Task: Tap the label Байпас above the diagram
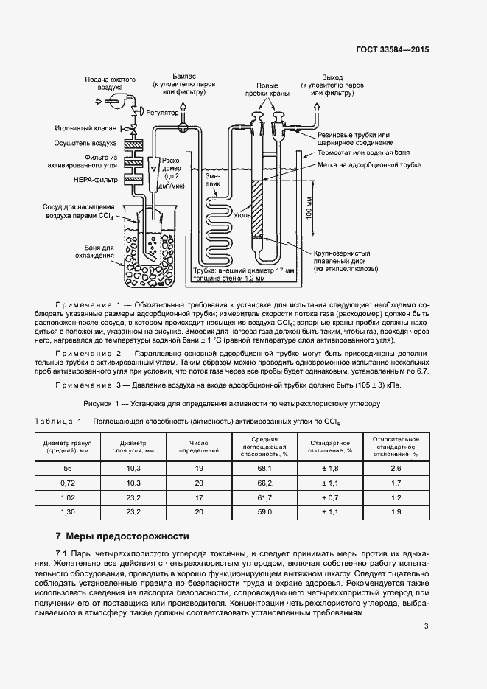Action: tap(184, 76)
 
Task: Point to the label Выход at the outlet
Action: tap(333, 76)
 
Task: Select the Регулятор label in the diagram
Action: tap(162, 113)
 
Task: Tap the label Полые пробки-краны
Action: tap(267, 89)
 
